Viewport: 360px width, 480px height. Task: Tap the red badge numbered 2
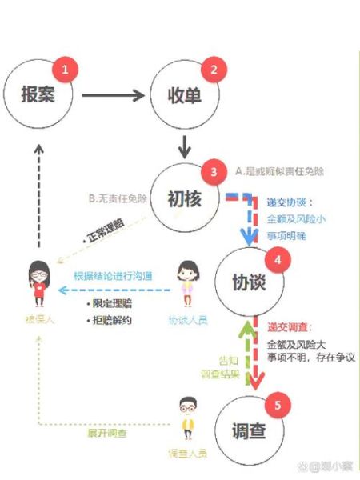coord(213,70)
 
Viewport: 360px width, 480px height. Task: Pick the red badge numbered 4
coord(278,260)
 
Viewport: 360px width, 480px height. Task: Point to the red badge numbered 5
coord(278,405)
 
